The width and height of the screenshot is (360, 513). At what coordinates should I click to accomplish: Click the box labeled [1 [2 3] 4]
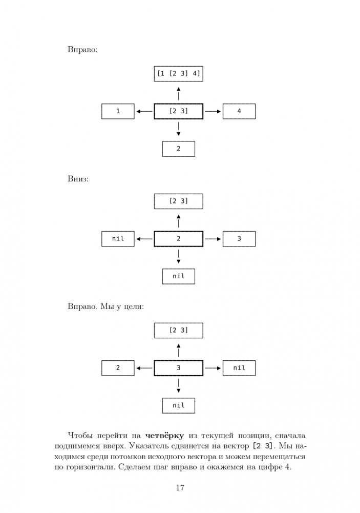178,74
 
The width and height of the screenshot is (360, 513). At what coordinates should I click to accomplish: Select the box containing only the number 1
118,111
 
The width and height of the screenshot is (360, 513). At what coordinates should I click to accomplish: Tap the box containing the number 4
239,111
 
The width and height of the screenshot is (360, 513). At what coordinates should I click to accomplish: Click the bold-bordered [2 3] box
178,111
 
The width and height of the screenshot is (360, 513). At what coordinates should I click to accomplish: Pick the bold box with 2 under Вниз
178,239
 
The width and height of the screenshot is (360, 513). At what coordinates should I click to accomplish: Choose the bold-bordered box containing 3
178,368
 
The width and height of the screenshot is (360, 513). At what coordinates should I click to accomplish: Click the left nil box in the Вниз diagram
118,239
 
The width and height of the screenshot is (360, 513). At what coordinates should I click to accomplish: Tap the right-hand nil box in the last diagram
239,368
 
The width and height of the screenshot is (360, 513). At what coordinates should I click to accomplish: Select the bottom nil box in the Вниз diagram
178,276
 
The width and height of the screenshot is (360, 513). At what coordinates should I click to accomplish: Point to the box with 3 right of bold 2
239,239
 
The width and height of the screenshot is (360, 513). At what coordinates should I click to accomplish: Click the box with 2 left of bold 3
118,368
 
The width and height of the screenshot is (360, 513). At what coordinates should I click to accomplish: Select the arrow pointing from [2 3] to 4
213,111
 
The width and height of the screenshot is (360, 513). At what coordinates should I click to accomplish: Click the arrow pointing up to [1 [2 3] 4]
178,93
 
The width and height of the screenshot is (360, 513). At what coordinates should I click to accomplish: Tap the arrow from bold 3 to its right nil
213,368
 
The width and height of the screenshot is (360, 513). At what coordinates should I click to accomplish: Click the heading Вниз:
78,180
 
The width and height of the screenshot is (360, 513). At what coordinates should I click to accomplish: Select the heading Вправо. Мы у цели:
105,307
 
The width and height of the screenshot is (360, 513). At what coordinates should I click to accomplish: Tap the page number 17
180,487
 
